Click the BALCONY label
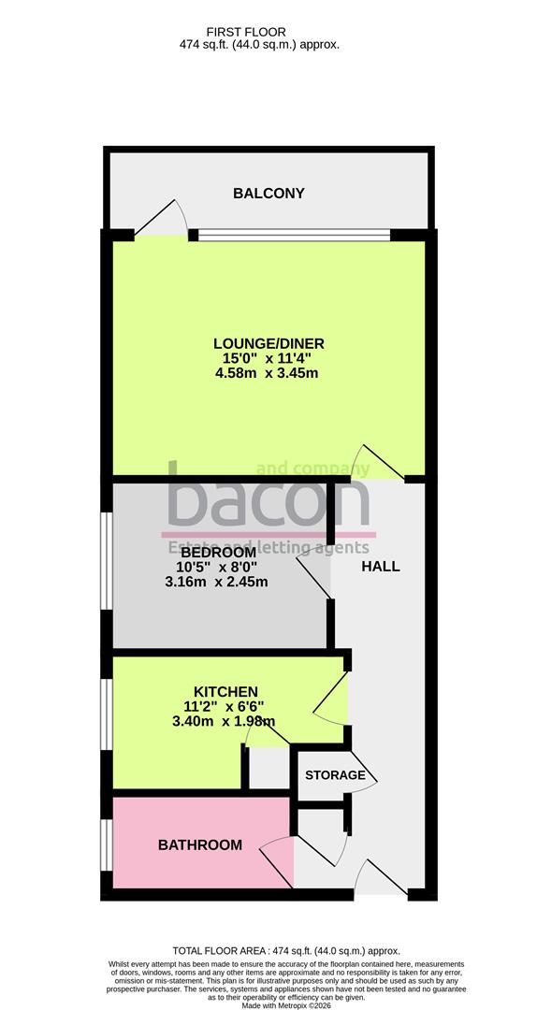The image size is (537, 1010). click(268, 194)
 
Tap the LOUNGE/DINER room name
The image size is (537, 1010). click(268, 342)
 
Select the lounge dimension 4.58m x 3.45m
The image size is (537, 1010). click(268, 374)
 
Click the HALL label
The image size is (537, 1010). click(380, 566)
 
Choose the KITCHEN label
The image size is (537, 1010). click(220, 691)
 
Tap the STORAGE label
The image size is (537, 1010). click(335, 775)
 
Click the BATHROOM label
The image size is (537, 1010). click(199, 844)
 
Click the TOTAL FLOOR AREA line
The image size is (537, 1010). click(268, 949)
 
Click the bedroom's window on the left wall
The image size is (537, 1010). click(108, 570)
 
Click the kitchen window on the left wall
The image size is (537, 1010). click(108, 713)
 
